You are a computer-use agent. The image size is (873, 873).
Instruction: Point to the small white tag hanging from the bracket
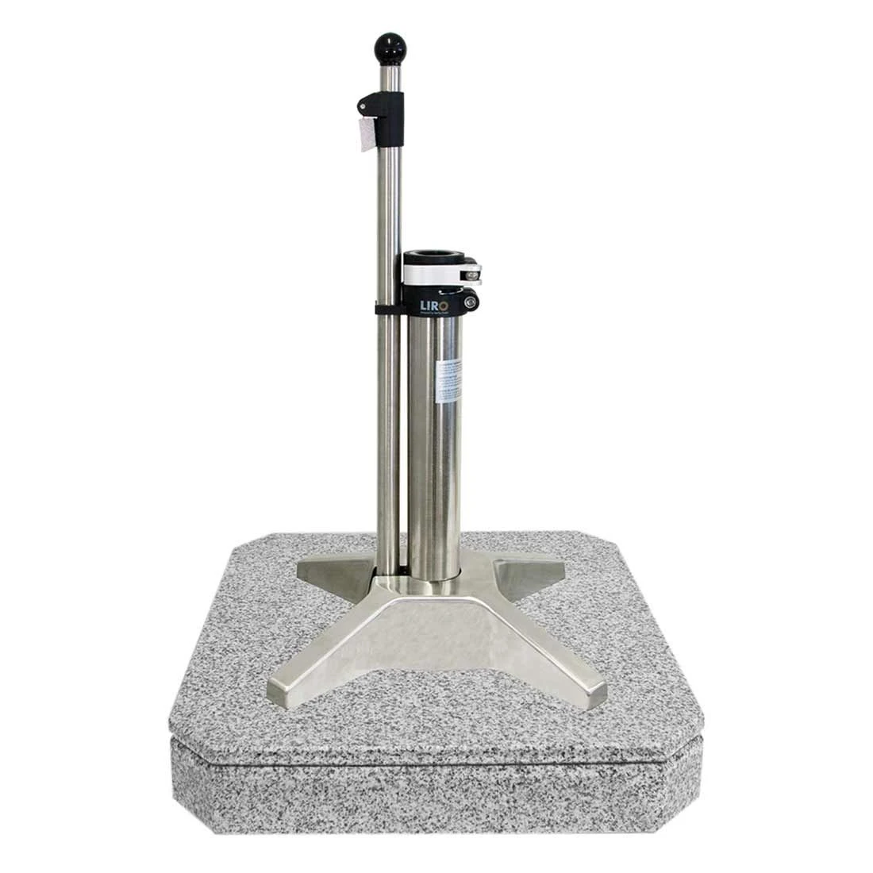[366, 133]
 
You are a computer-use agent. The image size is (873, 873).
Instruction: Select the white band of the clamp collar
[433, 273]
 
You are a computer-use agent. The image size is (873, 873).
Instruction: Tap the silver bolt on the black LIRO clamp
[471, 301]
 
